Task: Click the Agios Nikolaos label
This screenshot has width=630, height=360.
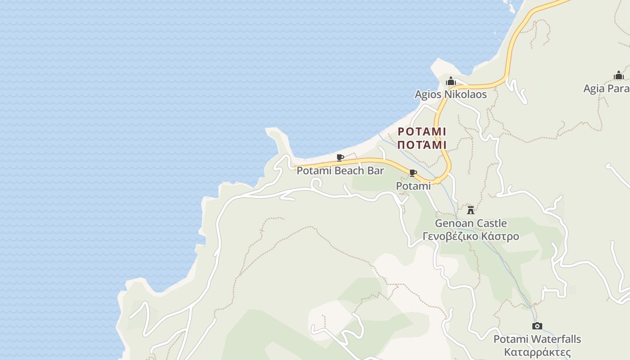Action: click(x=450, y=94)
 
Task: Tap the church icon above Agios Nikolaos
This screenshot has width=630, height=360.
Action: click(x=450, y=81)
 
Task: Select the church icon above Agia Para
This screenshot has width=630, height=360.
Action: click(x=619, y=75)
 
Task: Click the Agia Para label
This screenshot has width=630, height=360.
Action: click(x=607, y=88)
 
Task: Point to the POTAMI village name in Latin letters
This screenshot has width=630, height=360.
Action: click(x=422, y=132)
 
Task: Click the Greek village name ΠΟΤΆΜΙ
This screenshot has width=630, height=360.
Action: click(x=422, y=145)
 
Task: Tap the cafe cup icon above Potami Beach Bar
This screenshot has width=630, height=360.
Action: click(x=340, y=157)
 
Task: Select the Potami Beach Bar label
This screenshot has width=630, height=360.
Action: click(x=340, y=171)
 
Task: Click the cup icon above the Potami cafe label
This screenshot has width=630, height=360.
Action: click(x=413, y=173)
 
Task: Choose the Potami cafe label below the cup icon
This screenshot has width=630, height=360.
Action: click(x=413, y=186)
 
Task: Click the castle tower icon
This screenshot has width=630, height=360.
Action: click(x=471, y=210)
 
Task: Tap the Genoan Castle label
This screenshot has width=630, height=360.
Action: click(x=471, y=223)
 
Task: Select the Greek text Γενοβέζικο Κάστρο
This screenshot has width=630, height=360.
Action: click(x=471, y=236)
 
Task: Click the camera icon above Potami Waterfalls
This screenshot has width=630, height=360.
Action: click(x=537, y=326)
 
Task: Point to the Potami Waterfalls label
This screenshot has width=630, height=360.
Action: click(x=537, y=339)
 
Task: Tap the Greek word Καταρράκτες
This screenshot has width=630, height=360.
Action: click(x=537, y=352)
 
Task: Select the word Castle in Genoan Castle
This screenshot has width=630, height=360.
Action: click(x=491, y=223)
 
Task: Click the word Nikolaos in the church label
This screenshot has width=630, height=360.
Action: click(x=466, y=94)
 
